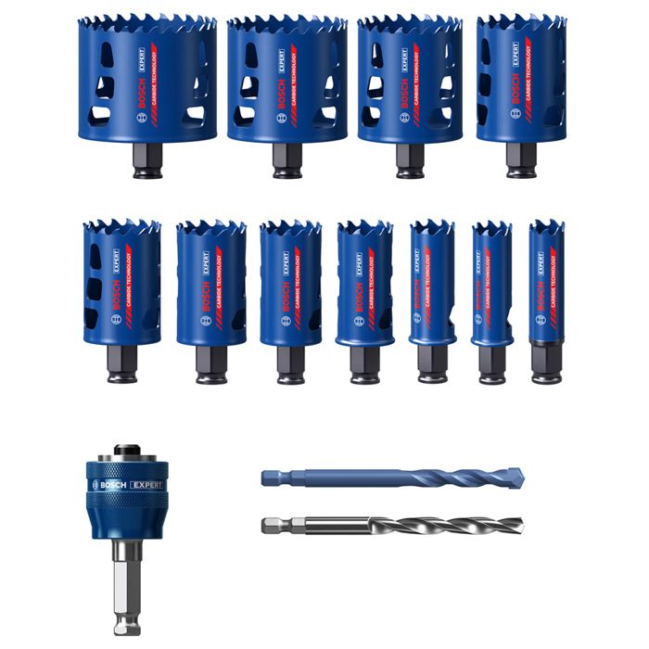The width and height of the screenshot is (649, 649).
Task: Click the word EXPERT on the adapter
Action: pyautogui.click(x=146, y=485)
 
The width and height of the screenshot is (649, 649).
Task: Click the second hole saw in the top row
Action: pyautogui.click(x=286, y=83)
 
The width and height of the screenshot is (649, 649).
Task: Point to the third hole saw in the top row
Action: pyautogui.click(x=409, y=83)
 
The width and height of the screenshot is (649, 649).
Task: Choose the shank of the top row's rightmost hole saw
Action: pyautogui.click(x=520, y=159)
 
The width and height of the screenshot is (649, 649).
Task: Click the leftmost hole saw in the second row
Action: pyautogui.click(x=121, y=283)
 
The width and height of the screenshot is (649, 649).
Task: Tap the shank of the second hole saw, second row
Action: pyautogui.click(x=210, y=363)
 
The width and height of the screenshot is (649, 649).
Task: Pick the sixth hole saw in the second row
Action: pyautogui.click(x=491, y=283)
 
